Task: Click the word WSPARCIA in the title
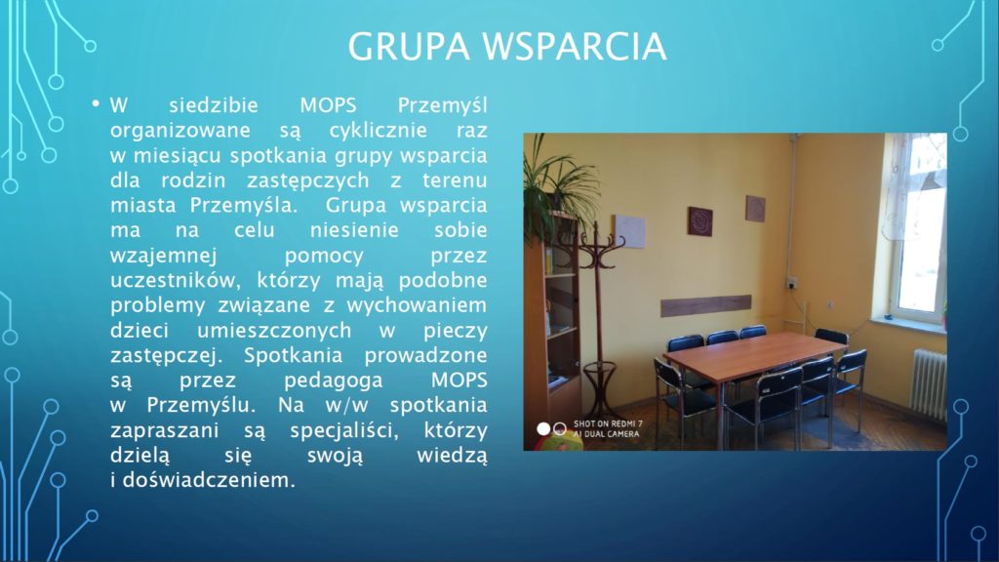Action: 575,47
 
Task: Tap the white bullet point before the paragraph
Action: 96,102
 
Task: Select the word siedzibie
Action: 214,105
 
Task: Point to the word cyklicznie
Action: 378,131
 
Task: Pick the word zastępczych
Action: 308,181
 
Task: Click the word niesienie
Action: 354,230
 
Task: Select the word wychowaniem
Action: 417,305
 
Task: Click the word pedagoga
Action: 334,381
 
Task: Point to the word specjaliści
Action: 344,431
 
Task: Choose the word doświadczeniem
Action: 209,480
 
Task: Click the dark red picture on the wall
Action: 699,221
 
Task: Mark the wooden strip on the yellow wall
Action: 706,305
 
